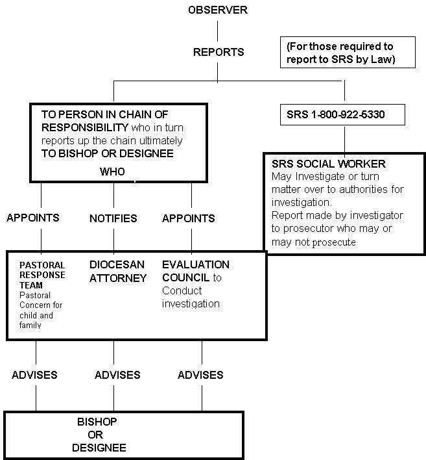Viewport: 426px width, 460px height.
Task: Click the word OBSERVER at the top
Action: (218, 10)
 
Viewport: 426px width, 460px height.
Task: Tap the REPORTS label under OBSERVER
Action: (219, 52)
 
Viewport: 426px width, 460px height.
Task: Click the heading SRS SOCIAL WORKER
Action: (329, 164)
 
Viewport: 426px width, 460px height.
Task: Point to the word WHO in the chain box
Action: (112, 172)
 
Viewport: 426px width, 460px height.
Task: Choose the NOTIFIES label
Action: (113, 218)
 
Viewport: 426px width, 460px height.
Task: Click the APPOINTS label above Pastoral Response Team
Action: (33, 218)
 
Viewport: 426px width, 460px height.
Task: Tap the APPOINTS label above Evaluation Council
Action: (189, 218)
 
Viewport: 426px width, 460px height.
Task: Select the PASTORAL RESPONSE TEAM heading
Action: (42, 275)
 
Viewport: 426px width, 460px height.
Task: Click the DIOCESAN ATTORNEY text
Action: (118, 271)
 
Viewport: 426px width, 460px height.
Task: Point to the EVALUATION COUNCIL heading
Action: (196, 271)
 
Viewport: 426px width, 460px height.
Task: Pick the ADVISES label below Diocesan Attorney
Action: (117, 375)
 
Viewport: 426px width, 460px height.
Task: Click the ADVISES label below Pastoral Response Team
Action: (34, 375)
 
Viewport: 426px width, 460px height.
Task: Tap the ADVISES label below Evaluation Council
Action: (200, 375)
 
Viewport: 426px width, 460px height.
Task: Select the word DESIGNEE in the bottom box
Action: (99, 448)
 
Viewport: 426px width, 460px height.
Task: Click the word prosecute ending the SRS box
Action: (334, 242)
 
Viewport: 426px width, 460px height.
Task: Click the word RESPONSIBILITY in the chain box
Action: (85, 127)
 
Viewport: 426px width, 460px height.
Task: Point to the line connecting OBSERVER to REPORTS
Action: (217, 31)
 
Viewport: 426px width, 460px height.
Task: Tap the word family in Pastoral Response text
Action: (30, 325)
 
